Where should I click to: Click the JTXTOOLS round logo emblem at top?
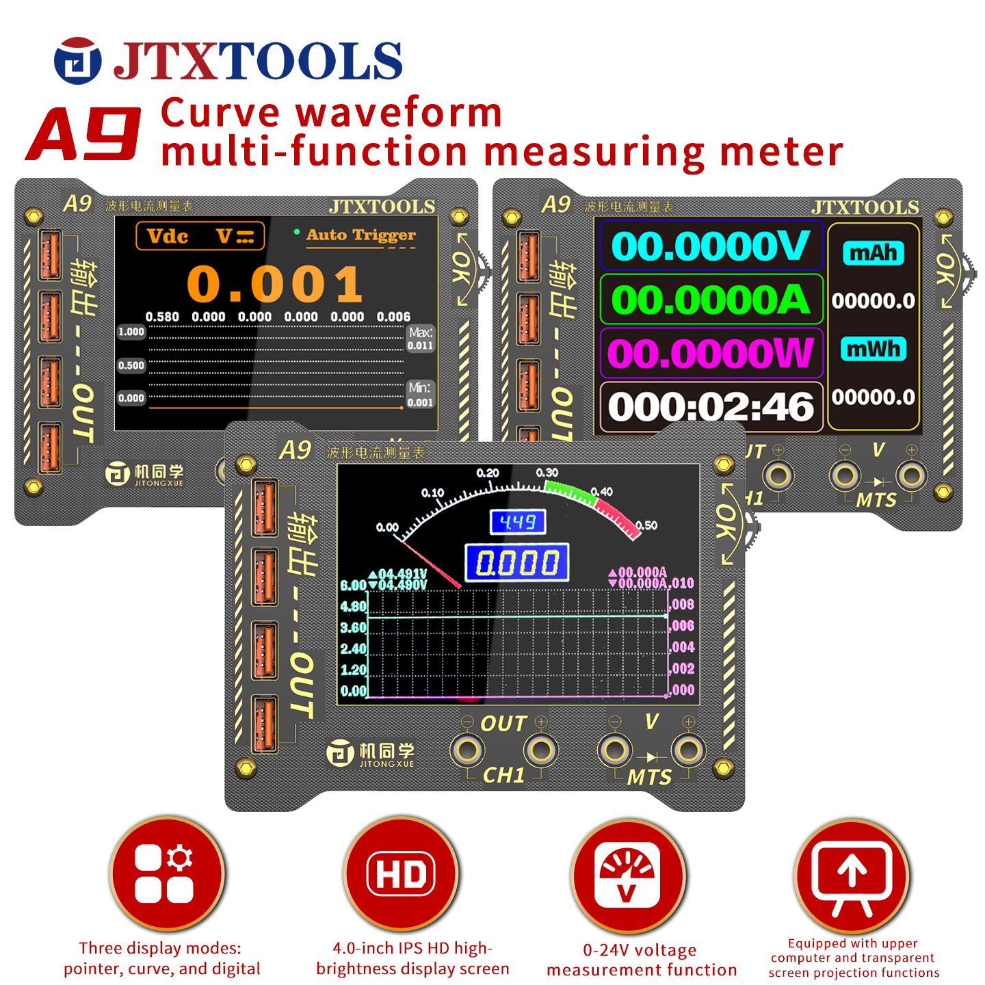[x=77, y=61]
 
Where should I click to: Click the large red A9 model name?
[x=83, y=134]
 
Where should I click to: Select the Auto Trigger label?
[x=360, y=235]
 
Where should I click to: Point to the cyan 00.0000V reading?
[x=711, y=246]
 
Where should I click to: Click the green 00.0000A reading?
[x=711, y=300]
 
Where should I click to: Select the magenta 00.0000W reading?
[x=711, y=354]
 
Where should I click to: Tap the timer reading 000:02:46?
[x=711, y=407]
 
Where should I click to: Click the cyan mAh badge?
[x=874, y=253]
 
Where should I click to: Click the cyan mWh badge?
[x=874, y=349]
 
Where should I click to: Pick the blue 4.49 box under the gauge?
[x=518, y=523]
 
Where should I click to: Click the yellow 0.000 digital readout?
[x=517, y=563]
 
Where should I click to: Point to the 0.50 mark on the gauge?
[x=646, y=525]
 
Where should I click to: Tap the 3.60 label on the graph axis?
[x=353, y=627]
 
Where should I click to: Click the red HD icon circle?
[x=401, y=874]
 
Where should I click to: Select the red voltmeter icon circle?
[x=628, y=876]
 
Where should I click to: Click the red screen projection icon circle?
[x=852, y=876]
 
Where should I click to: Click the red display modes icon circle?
[x=166, y=874]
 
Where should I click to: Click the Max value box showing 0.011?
[x=420, y=339]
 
